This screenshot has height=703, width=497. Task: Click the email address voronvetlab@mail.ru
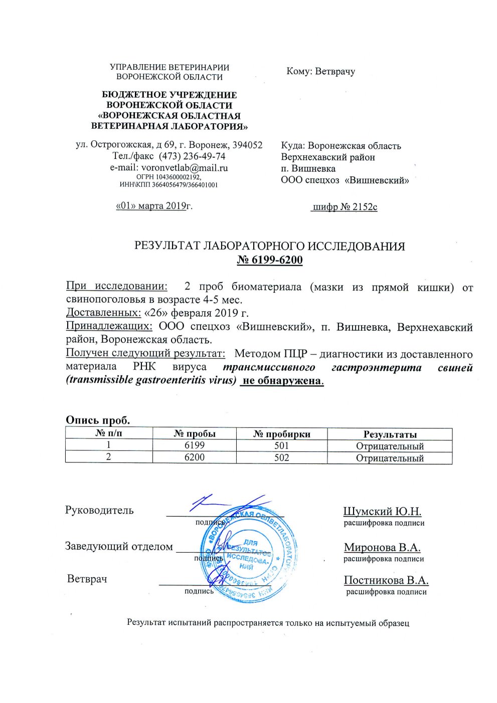(184, 168)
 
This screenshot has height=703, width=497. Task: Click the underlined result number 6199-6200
(270, 260)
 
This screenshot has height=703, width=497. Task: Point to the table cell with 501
(282, 445)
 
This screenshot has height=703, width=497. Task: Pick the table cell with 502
(282, 457)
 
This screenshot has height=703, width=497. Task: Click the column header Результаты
(390, 434)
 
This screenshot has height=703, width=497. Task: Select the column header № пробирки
(282, 434)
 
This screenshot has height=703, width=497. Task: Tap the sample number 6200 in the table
(195, 457)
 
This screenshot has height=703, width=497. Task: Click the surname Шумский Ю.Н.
(382, 512)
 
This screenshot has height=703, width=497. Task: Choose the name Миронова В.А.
(382, 547)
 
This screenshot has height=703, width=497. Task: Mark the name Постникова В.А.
(386, 580)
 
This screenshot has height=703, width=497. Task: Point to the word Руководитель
(99, 510)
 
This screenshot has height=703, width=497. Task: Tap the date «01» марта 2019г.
(154, 205)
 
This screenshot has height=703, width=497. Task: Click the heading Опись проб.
(98, 420)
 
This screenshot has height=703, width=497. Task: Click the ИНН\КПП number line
(169, 185)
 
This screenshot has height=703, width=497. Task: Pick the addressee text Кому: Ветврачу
(320, 71)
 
